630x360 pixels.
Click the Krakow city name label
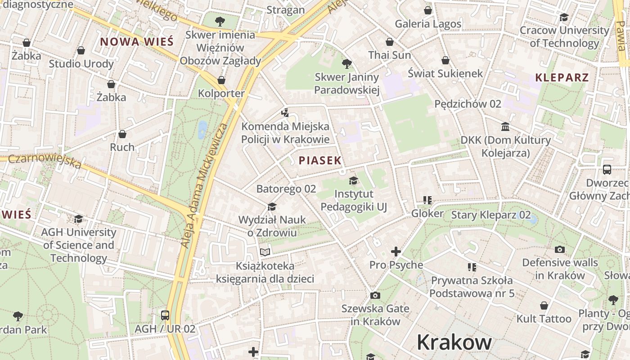454,342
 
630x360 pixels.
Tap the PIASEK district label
320,161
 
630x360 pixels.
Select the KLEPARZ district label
562,77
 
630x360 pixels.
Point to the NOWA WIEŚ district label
136,42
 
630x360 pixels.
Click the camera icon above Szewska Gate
375,296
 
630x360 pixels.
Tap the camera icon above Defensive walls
560,249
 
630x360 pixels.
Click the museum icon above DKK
505,126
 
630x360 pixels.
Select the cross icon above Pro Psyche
396,251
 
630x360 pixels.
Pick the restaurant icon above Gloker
427,200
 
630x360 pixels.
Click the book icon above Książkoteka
265,252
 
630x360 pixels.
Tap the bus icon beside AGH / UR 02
165,315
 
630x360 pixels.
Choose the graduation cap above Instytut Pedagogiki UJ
353,181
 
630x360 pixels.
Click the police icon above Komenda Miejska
285,112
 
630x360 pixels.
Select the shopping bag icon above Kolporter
221,80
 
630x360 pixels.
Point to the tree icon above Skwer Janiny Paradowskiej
346,63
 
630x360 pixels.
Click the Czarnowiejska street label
45,161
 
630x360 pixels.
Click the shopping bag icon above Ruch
122,134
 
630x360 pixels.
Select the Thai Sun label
390,55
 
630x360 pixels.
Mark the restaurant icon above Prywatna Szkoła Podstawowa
472,267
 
